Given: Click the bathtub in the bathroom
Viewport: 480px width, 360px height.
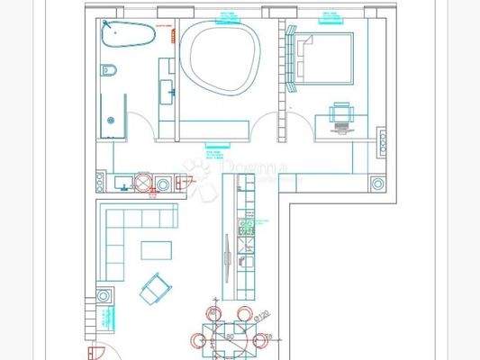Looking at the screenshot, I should coord(126,35).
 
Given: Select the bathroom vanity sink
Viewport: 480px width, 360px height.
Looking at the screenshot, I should coord(167,89).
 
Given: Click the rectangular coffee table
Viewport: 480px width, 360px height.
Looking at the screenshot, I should coord(158,249).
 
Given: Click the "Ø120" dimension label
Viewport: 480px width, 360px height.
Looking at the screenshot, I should coord(262,317).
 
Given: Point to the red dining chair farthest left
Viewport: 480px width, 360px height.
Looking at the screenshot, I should coord(198,341).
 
